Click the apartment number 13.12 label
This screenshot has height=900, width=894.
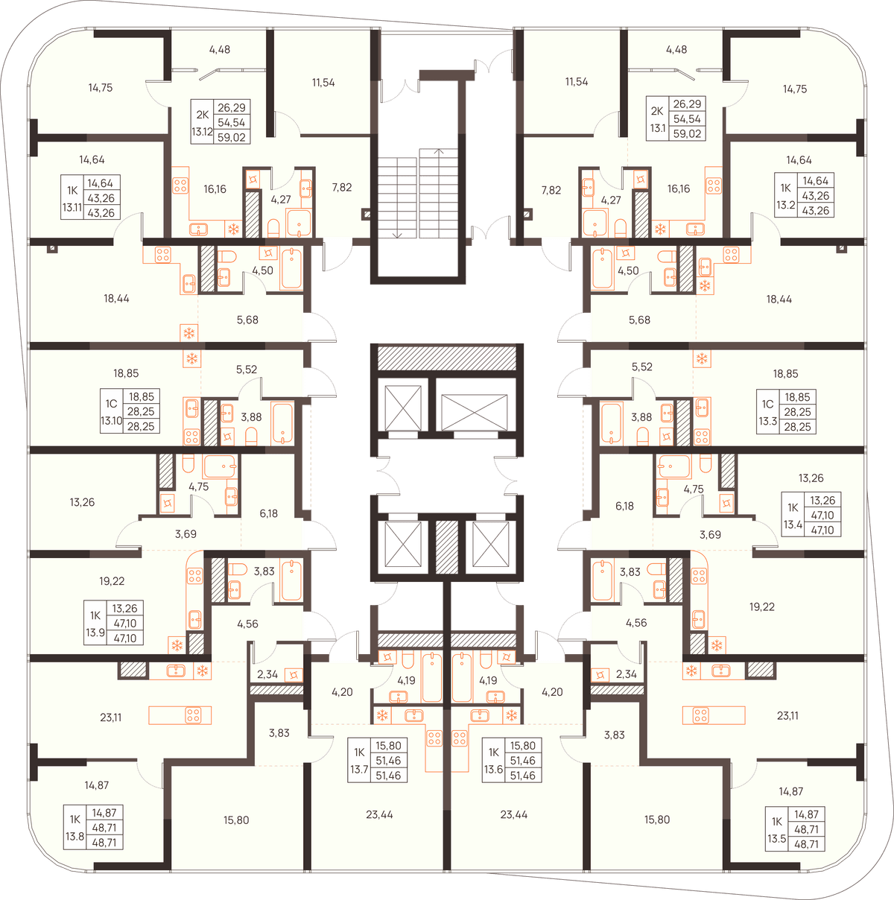click(x=202, y=132)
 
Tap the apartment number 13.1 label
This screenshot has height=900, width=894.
click(x=658, y=128)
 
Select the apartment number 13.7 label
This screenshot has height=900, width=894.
click(x=359, y=769)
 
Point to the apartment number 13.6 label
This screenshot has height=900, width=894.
click(x=493, y=769)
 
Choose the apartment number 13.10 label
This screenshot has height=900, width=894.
click(x=111, y=420)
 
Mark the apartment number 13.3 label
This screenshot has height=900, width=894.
click(x=767, y=421)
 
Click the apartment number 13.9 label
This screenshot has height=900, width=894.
click(x=95, y=633)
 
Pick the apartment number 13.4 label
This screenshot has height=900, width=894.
click(x=793, y=525)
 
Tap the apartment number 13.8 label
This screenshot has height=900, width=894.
click(x=74, y=837)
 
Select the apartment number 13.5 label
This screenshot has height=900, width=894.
click(x=777, y=839)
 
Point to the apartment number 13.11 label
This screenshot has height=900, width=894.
click(x=72, y=207)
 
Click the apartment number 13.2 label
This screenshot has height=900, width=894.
click(x=786, y=205)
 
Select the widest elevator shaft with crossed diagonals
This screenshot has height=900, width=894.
click(x=474, y=413)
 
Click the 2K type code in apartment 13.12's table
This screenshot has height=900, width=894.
click(x=202, y=115)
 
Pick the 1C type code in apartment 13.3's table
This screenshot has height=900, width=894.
click(x=767, y=404)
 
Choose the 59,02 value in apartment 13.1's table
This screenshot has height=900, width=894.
click(x=687, y=133)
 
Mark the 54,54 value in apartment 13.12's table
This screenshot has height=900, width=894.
click(x=231, y=122)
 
